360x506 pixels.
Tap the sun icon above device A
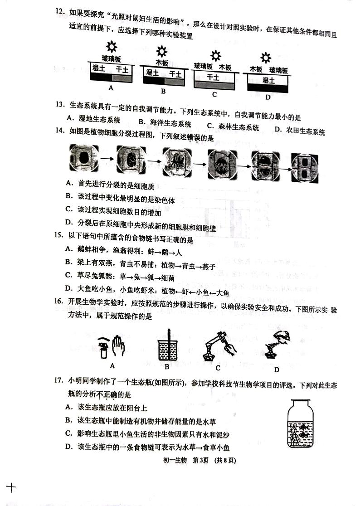111,47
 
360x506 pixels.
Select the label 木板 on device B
162,62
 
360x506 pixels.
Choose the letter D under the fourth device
268,97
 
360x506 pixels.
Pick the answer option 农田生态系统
304,132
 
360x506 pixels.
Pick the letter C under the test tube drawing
218,368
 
